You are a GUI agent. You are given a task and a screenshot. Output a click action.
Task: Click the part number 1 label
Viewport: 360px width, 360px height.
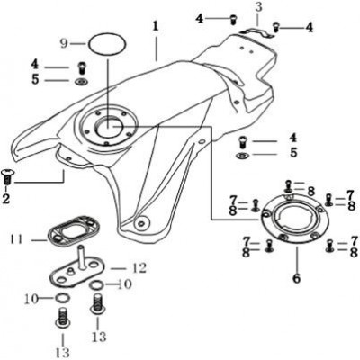(x=155, y=26)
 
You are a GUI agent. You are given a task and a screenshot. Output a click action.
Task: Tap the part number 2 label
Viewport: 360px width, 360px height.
(x=6, y=199)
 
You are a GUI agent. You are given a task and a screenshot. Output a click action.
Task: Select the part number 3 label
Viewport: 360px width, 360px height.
(x=258, y=7)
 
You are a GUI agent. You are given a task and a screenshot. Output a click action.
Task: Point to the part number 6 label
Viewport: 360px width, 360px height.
(x=296, y=278)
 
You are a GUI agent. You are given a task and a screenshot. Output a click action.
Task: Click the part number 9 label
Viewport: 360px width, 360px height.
(x=64, y=44)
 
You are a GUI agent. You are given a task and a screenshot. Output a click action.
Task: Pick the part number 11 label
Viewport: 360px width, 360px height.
(x=16, y=240)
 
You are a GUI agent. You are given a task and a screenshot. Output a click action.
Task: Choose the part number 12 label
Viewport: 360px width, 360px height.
(x=139, y=268)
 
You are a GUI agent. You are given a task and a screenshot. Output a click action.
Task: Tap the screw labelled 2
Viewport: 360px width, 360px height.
(x=6, y=176)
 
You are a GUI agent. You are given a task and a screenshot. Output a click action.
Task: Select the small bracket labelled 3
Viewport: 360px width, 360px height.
(x=256, y=31)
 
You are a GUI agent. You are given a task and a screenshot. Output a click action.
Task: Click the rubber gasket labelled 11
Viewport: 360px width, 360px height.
(x=74, y=229)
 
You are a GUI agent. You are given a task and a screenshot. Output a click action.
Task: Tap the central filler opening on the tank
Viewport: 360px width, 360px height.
(x=108, y=127)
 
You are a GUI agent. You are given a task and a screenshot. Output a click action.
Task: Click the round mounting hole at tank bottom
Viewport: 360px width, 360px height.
(x=140, y=223)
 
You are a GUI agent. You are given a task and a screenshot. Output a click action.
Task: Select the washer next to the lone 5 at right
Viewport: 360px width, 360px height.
(x=242, y=156)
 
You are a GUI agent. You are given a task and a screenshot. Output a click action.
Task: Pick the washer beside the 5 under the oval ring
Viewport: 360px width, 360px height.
(x=81, y=81)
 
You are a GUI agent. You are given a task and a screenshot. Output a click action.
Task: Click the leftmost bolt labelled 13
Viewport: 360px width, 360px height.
(x=63, y=317)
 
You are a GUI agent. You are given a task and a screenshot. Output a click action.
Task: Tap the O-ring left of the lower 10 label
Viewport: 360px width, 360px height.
(x=63, y=298)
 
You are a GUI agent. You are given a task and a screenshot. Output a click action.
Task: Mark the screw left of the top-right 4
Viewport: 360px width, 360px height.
(x=275, y=28)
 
